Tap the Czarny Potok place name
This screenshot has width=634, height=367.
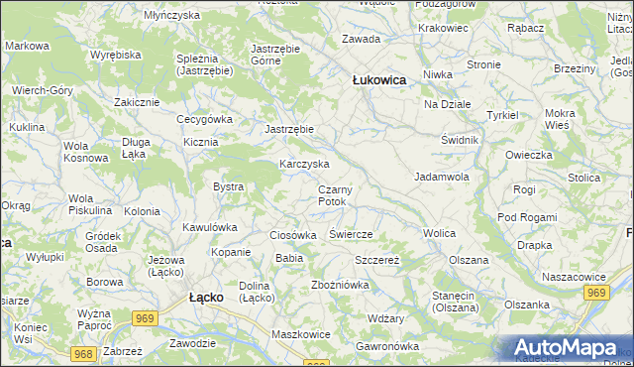pyautogui.click(x=336, y=195)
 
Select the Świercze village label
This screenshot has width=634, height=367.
pyautogui.click(x=350, y=234)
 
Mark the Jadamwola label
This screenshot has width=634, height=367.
pyautogui.click(x=441, y=176)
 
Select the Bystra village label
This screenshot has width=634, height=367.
pyautogui.click(x=229, y=186)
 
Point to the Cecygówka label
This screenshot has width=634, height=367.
pyautogui.click(x=204, y=119)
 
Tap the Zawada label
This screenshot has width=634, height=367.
pyautogui.click(x=361, y=39)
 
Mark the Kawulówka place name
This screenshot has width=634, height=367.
pyautogui.click(x=209, y=227)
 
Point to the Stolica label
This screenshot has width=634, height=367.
pyautogui.click(x=584, y=178)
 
